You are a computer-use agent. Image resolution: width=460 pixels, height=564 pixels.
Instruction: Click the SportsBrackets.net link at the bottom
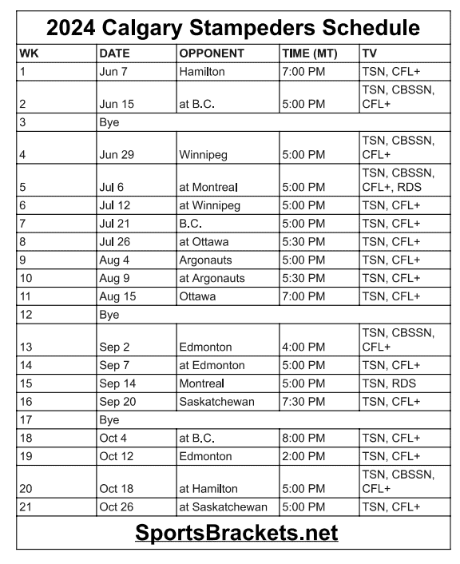tap(236, 532)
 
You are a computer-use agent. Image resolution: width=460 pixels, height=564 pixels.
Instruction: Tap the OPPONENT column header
tap(212, 54)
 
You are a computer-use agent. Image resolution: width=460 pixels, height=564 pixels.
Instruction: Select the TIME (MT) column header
tap(309, 54)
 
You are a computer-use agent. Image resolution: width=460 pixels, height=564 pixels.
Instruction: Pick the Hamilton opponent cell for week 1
tap(202, 72)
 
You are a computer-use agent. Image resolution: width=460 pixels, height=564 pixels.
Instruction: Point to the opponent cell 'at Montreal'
tap(214, 188)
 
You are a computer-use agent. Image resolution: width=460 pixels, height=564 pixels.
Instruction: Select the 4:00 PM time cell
tap(303, 348)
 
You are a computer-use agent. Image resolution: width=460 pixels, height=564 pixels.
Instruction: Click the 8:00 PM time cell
tap(303, 439)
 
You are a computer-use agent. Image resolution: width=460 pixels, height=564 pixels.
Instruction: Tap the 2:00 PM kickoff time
tap(303, 457)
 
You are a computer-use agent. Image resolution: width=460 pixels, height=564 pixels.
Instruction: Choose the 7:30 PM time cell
tap(303, 402)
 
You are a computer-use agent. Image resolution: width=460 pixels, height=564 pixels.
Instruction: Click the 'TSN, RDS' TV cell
tap(389, 383)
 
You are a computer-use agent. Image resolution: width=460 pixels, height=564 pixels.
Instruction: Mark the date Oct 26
tap(117, 507)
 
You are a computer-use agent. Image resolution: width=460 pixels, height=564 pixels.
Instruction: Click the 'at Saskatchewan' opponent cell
tap(223, 507)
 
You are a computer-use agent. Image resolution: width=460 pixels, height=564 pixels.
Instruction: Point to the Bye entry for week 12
tap(109, 315)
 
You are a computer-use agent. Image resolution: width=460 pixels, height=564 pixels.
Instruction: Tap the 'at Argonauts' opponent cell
tap(212, 278)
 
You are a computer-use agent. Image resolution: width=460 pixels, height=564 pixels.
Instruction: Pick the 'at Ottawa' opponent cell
tap(206, 242)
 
